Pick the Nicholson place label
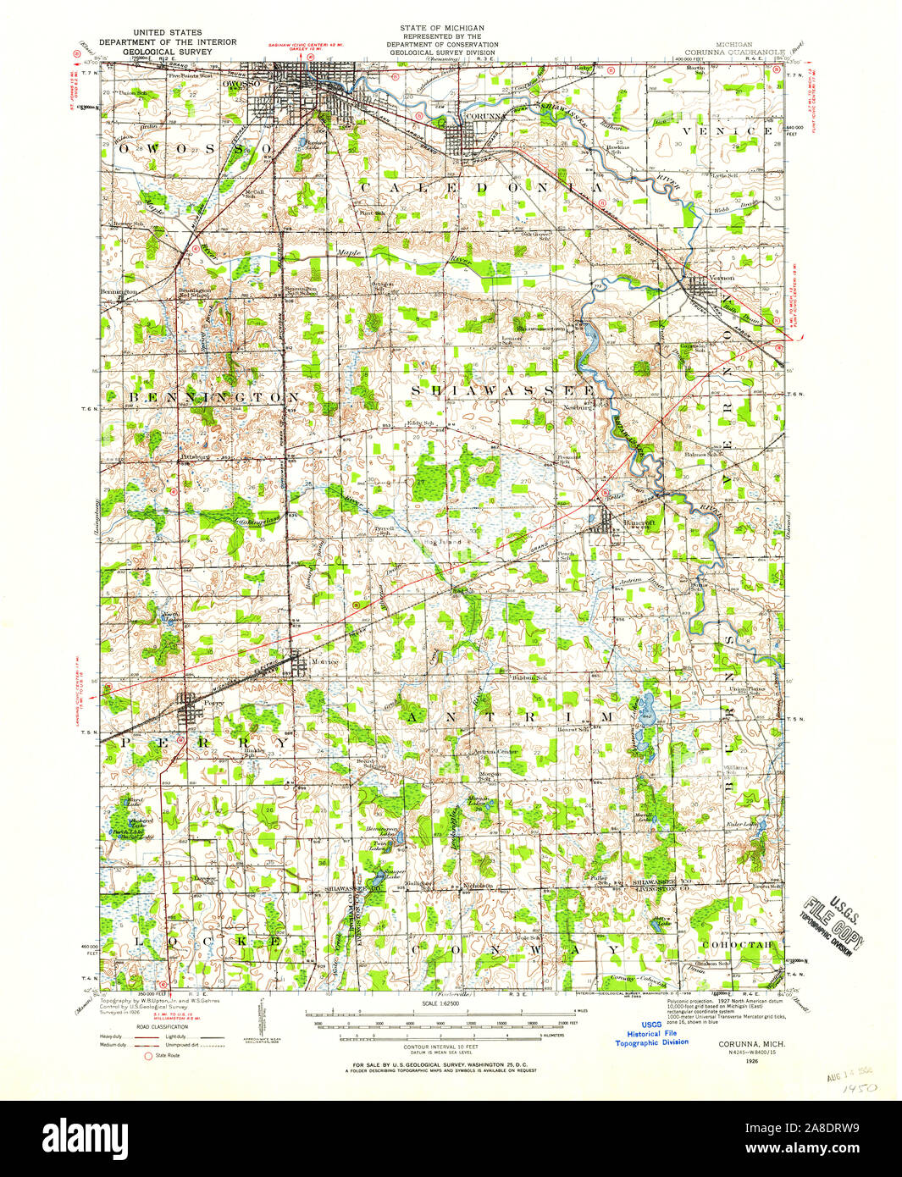click(x=477, y=887)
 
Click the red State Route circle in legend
click(x=149, y=1056)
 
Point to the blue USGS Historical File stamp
click(x=651, y=1033)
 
